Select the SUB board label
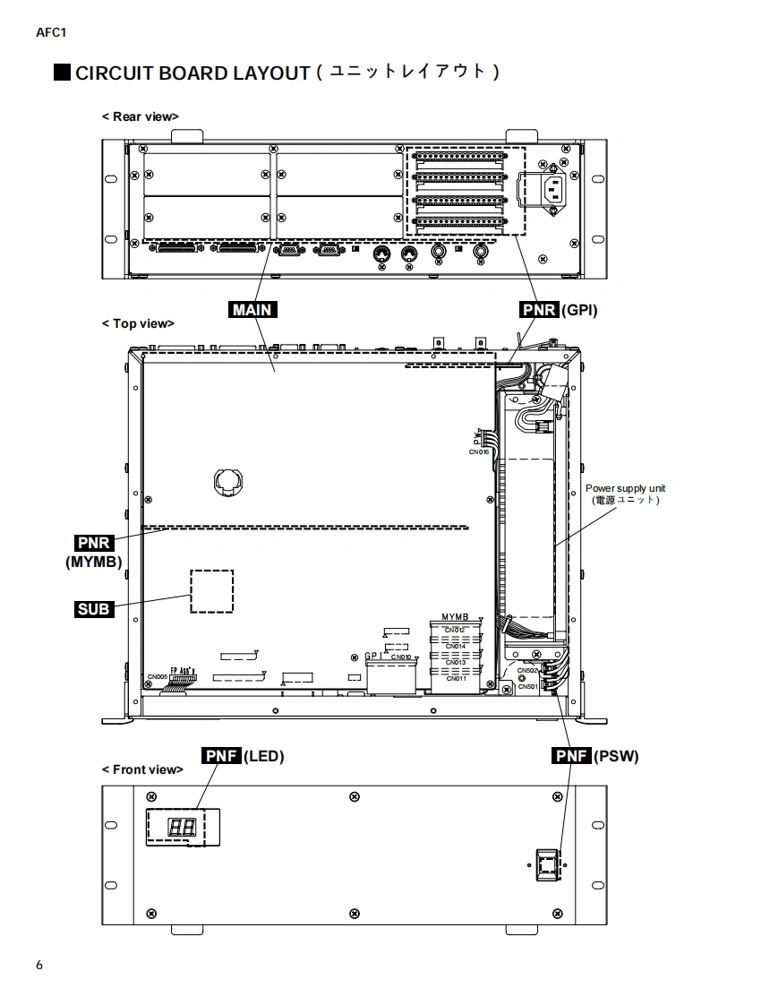point(93,609)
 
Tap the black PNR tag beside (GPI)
point(539,310)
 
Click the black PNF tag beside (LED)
point(221,756)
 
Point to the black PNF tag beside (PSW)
point(572,756)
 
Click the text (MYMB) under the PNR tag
point(93,562)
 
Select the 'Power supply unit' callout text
point(626,488)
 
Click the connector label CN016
point(479,452)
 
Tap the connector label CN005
point(158,676)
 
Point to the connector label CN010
point(401,657)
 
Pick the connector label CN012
point(455,630)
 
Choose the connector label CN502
point(527,670)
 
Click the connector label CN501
point(527,687)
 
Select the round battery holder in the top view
point(227,482)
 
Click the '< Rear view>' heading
point(140,116)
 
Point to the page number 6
point(39,965)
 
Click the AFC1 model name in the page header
point(50,33)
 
